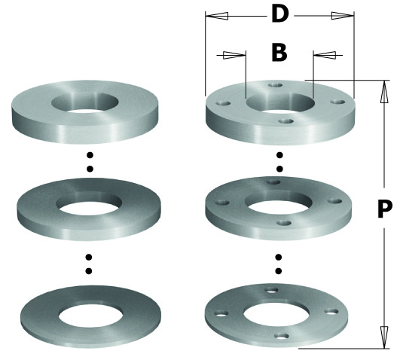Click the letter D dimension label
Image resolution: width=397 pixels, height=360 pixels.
click(279, 14)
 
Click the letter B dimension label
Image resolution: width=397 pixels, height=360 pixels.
click(279, 53)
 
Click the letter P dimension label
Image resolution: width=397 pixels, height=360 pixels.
click(385, 209)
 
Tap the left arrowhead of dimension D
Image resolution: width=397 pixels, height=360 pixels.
click(217, 17)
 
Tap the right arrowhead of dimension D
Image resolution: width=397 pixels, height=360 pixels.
click(343, 16)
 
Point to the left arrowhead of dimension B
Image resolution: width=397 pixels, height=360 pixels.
click(234, 55)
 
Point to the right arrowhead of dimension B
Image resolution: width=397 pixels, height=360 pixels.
click(325, 55)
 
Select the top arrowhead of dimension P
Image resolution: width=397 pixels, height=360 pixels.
click(384, 92)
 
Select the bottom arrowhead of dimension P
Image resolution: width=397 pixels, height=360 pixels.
click(384, 337)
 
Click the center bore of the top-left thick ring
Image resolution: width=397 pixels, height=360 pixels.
click(85, 102)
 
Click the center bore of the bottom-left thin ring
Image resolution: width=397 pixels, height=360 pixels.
click(91, 316)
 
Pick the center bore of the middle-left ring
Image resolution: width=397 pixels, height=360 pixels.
click(89, 205)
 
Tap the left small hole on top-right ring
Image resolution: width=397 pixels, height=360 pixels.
click(223, 103)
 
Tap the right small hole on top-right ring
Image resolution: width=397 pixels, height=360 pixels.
click(337, 102)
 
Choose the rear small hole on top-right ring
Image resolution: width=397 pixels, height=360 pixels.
click(276, 85)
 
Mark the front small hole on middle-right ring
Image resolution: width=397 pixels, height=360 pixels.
click(284, 223)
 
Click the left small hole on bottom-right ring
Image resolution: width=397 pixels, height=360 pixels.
click(221, 314)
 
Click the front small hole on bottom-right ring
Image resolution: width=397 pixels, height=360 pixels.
click(281, 337)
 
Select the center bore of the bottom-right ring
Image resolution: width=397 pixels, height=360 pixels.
click(276, 315)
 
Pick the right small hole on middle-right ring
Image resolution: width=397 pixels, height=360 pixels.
click(334, 201)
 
